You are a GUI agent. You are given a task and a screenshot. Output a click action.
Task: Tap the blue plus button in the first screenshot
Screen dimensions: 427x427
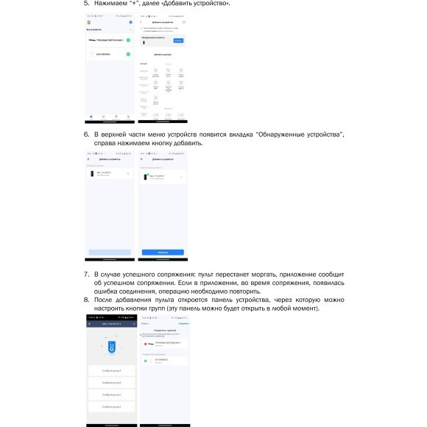tap(130, 23)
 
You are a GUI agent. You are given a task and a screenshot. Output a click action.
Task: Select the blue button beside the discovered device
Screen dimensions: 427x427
tap(178, 40)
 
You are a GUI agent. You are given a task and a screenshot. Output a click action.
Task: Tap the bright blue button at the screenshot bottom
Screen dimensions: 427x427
tap(163, 252)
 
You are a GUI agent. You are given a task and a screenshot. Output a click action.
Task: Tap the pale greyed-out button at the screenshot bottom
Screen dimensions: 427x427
tap(110, 252)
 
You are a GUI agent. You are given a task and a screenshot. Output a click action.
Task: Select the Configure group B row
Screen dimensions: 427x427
tap(110, 383)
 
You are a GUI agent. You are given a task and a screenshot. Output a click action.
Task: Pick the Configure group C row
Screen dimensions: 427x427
tap(110, 395)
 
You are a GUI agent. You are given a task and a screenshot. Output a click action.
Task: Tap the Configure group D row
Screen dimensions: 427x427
tap(110, 406)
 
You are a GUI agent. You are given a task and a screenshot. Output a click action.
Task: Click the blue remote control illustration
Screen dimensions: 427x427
tap(110, 345)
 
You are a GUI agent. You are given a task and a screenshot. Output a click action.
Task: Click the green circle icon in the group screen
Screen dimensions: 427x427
tap(146, 361)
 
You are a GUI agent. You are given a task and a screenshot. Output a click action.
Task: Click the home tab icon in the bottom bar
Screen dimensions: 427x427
tap(91, 116)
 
